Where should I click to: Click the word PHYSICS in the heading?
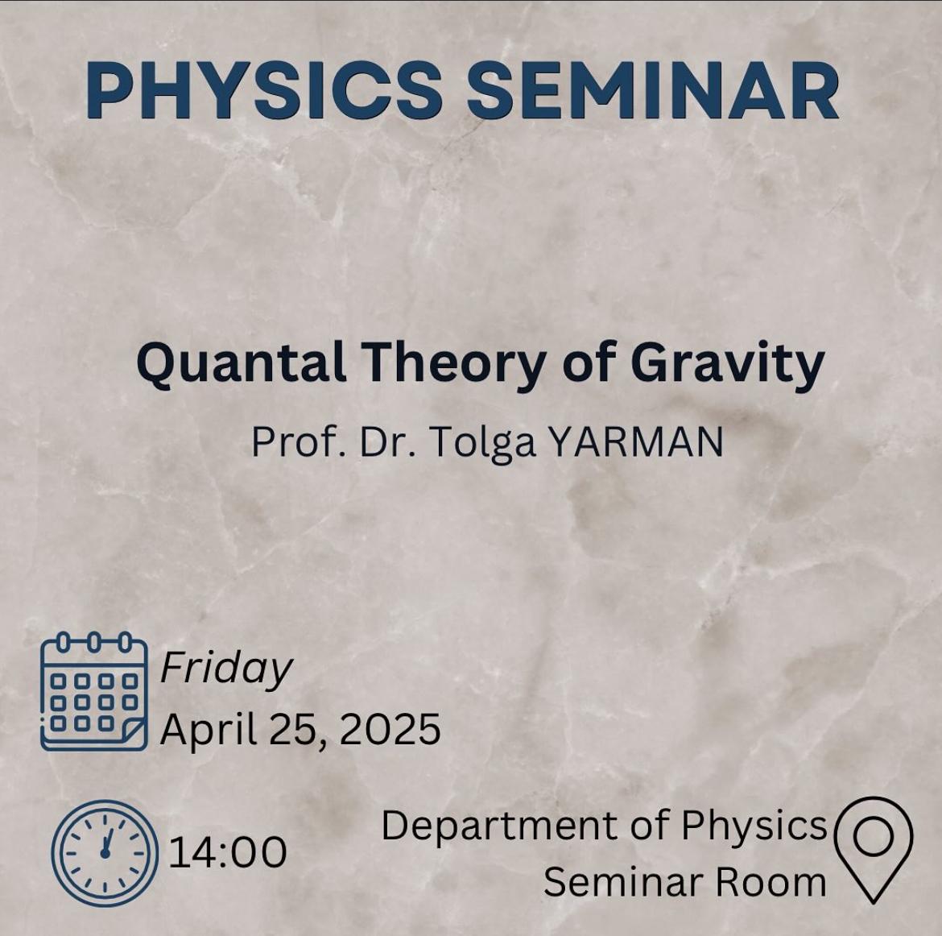click(264, 90)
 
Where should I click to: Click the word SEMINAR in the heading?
click(654, 90)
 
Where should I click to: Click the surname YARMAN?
click(637, 442)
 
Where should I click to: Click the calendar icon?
click(93, 691)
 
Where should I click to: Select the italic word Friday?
click(226, 669)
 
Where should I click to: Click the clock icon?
click(105, 853)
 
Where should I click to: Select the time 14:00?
click(228, 852)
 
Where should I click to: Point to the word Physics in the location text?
click(754, 826)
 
